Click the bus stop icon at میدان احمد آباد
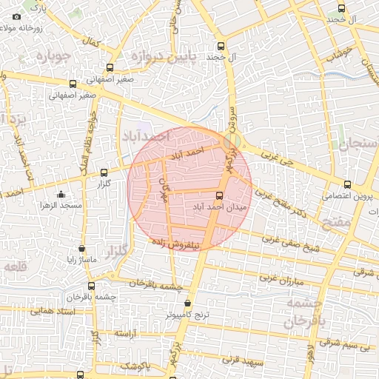point(218,195)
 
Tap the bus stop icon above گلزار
point(103,172)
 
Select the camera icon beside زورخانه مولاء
point(16,16)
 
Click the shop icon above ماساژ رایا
point(81,249)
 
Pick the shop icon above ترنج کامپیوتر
point(187,303)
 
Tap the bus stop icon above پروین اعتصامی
point(347,184)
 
